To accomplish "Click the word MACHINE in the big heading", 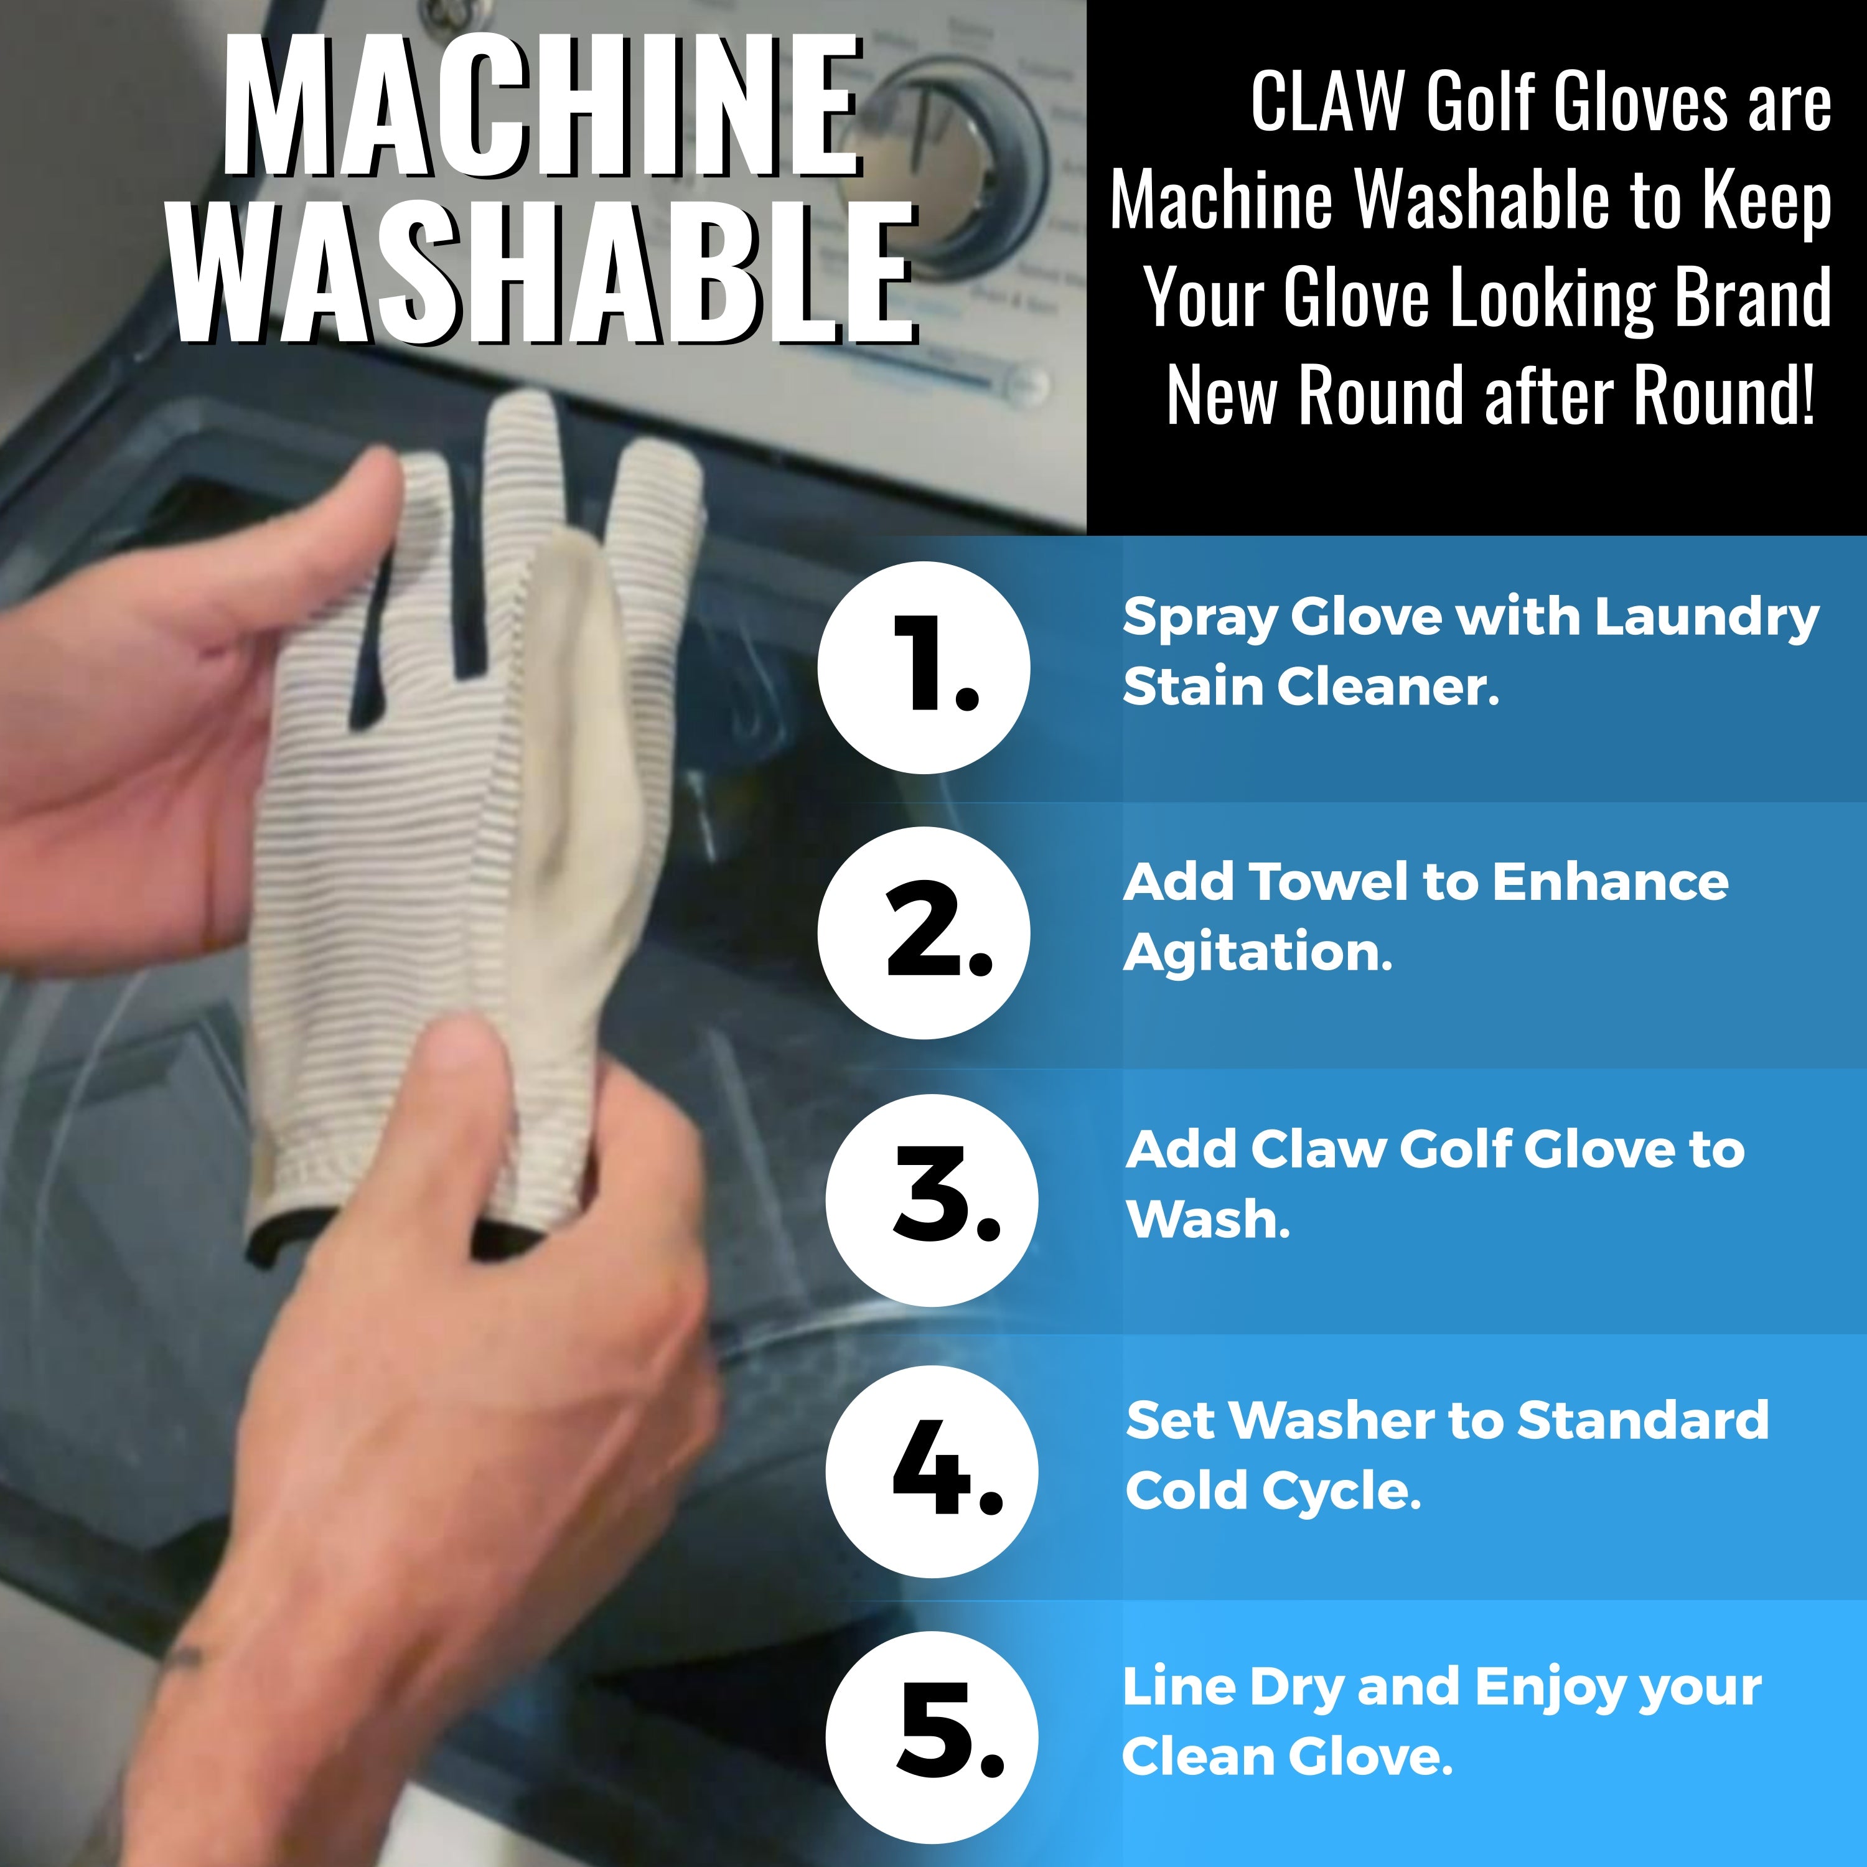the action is point(542,105).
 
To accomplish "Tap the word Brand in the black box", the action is point(1751,297).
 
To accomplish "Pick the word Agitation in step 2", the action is point(1257,955).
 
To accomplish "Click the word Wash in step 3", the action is point(1208,1220).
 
